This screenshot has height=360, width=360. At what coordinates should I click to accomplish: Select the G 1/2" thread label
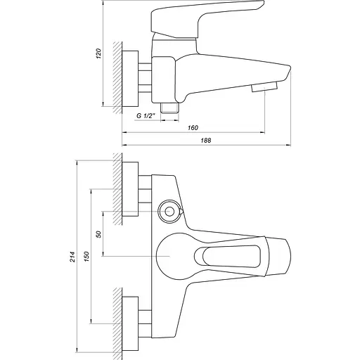[x=147, y=117]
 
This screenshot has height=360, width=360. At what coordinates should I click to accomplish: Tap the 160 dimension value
[x=193, y=127]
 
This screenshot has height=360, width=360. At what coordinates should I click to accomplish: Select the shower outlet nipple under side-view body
[x=169, y=108]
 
